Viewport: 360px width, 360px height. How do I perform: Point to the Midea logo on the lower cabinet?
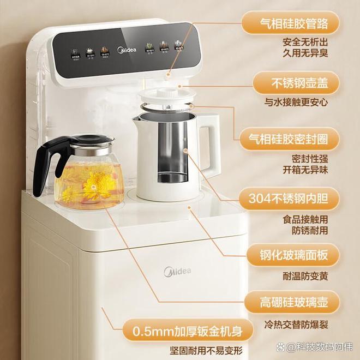(178, 271)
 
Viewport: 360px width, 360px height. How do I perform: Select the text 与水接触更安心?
(298, 103)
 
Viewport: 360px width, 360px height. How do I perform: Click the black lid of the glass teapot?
(90, 139)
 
